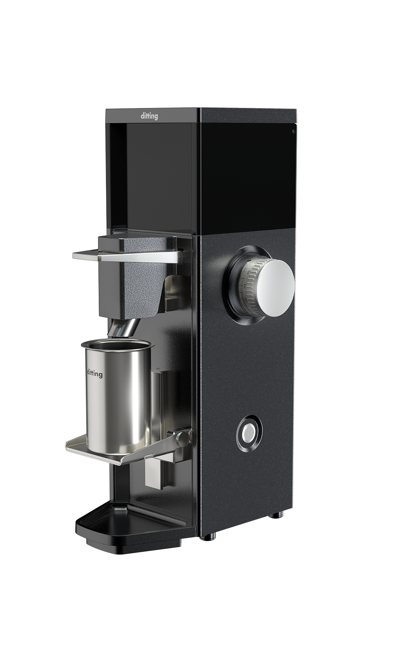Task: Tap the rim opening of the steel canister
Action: pos(118,346)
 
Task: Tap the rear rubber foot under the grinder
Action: pos(279,515)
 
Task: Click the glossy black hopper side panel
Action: pos(247,174)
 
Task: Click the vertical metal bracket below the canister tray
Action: pos(154,474)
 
